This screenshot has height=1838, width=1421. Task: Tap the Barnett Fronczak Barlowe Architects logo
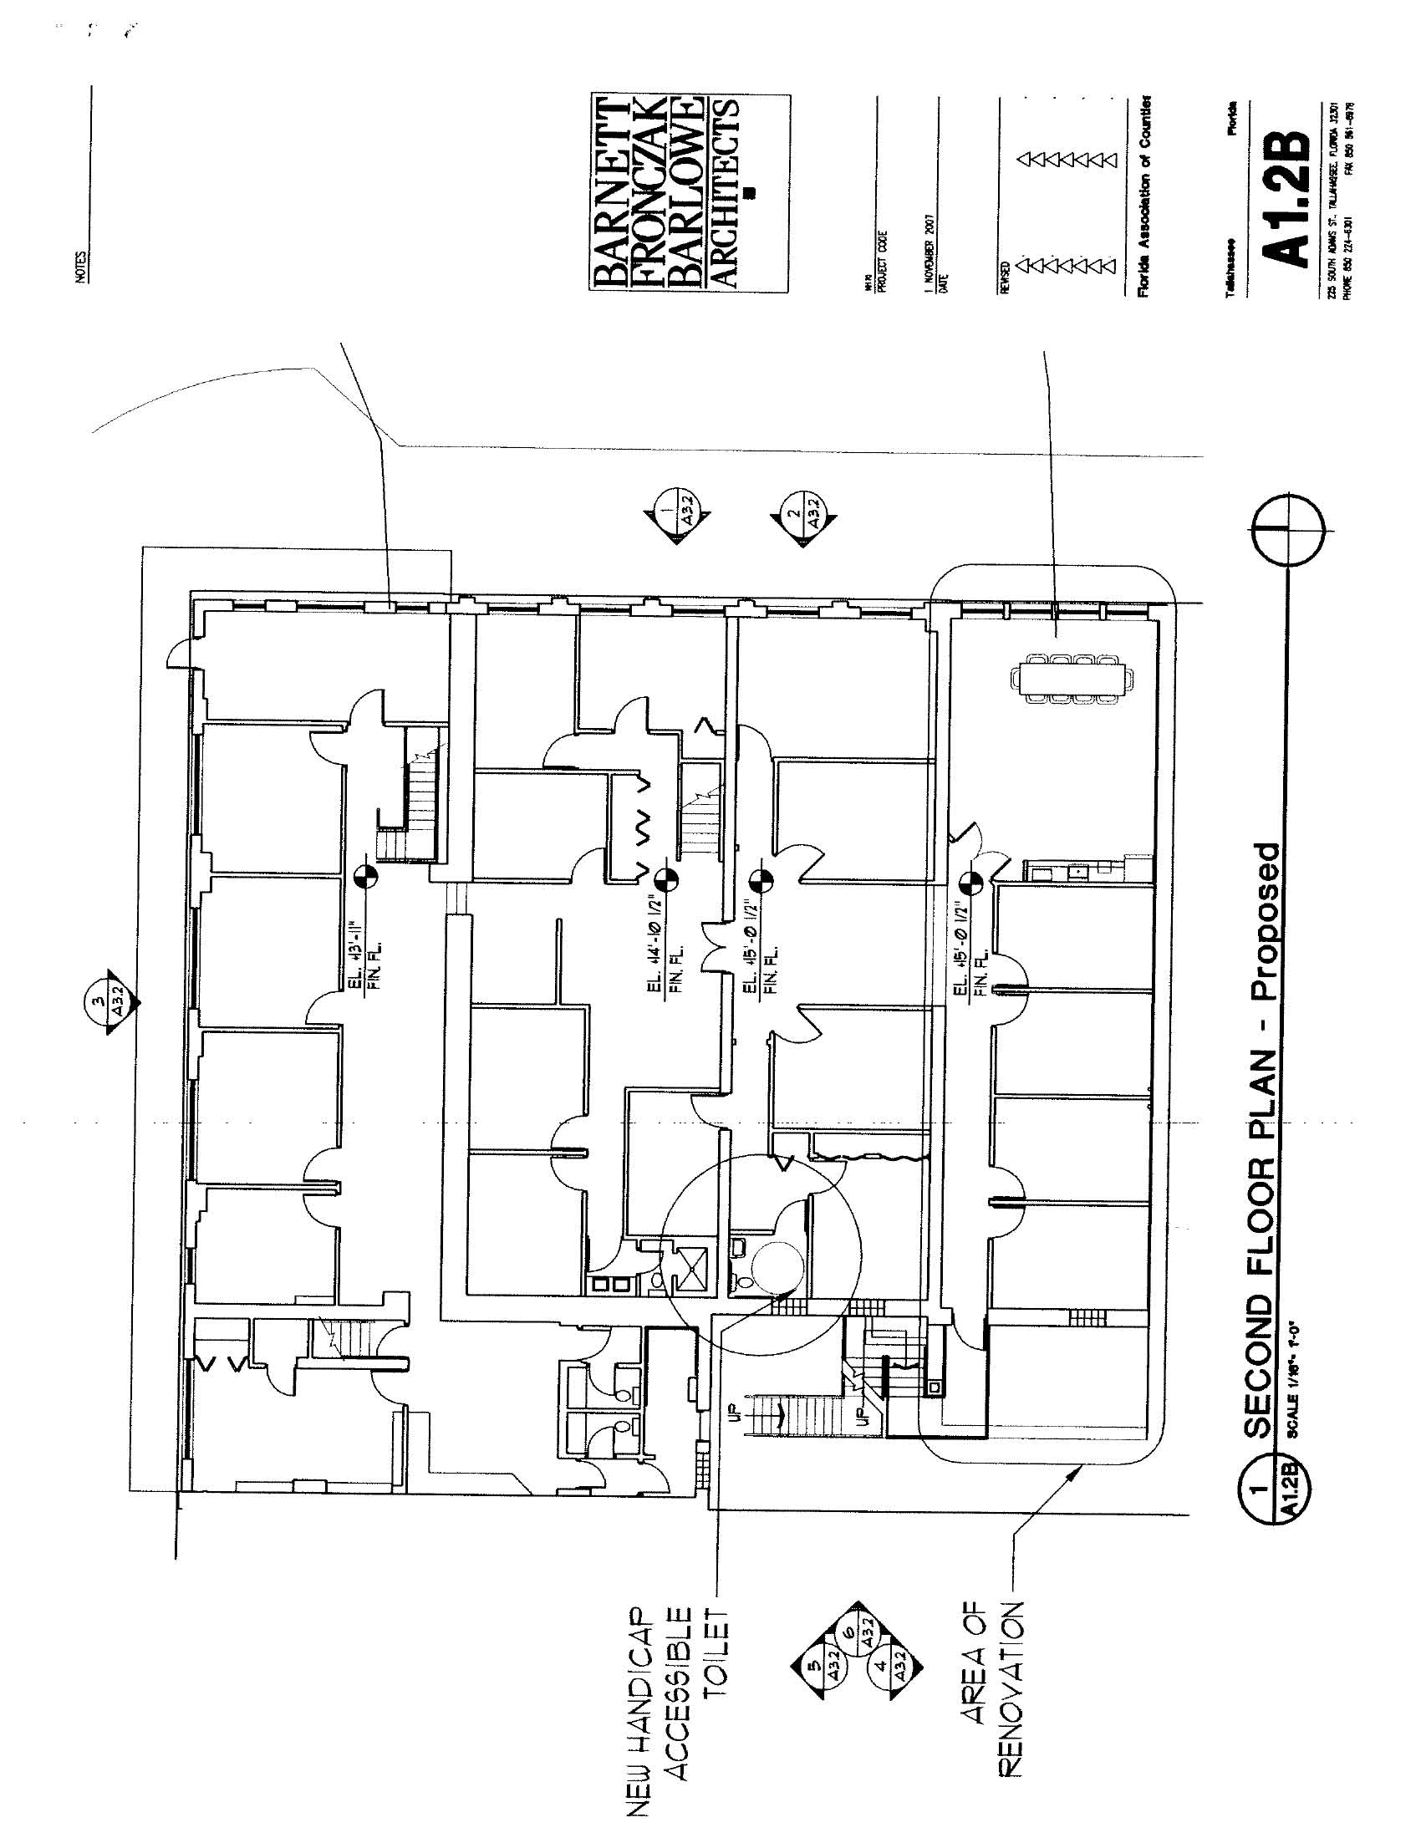[x=689, y=194]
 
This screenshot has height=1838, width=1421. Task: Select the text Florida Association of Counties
[x=1143, y=196]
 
